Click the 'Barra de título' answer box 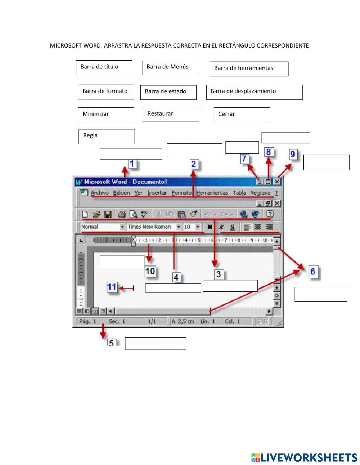[104, 67]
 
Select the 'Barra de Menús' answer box [170, 67]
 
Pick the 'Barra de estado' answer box [168, 92]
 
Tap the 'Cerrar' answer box [241, 115]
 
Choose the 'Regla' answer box [106, 137]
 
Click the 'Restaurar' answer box [171, 114]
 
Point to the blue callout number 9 [293, 155]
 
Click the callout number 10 [150, 271]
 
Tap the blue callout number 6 [312, 271]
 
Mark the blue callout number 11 [112, 287]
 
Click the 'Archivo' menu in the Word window [99, 193]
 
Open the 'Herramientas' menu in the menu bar [212, 193]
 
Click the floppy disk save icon [108, 214]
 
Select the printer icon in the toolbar [122, 214]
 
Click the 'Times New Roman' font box [150, 227]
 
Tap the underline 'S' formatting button [232, 227]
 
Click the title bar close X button [277, 182]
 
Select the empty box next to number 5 [155, 344]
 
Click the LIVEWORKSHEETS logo [304, 457]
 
